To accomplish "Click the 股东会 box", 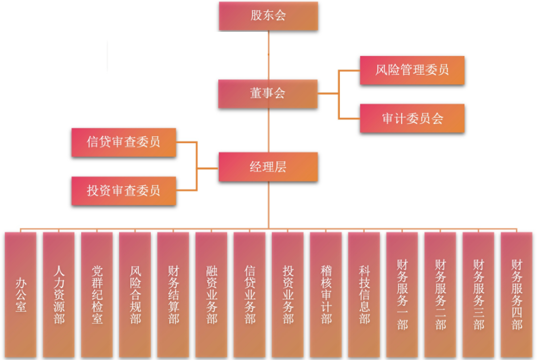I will pyautogui.click(x=268, y=15).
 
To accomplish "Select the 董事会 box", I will pyautogui.click(x=268, y=94).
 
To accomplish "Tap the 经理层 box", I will pyautogui.click(x=268, y=167).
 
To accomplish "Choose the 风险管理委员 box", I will pyautogui.click(x=412, y=69).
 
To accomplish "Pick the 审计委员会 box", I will pyautogui.click(x=412, y=119).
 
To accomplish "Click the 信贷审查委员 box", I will pyautogui.click(x=123, y=142).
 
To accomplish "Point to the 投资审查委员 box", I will pyautogui.click(x=123, y=191).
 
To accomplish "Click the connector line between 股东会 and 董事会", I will pyautogui.click(x=268, y=55).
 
